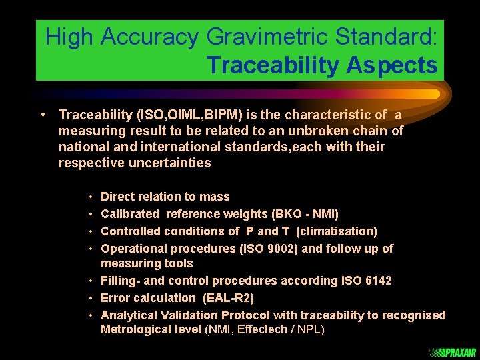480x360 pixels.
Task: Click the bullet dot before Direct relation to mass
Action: coord(90,197)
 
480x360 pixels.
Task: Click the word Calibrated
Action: coord(130,214)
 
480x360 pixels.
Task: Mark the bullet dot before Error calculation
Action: coord(90,298)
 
